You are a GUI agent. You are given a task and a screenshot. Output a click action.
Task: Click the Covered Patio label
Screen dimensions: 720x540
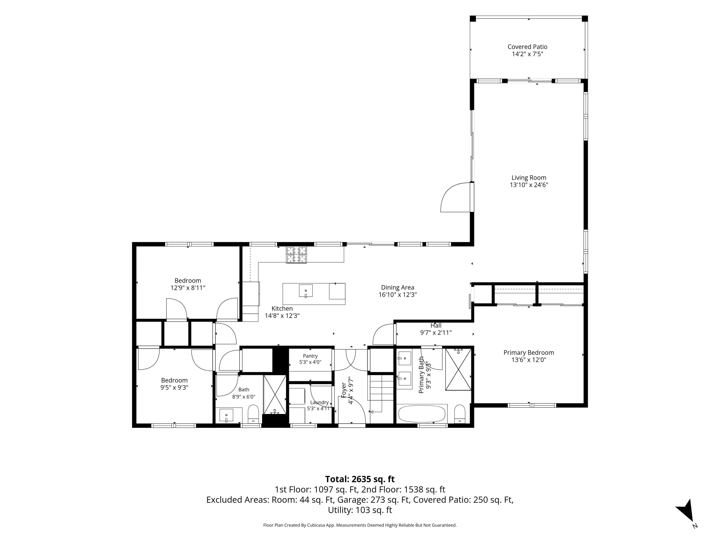[x=527, y=47]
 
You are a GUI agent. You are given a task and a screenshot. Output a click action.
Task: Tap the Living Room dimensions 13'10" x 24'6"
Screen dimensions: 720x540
[x=529, y=185]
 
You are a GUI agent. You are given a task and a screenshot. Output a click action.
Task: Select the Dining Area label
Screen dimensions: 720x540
[x=397, y=288]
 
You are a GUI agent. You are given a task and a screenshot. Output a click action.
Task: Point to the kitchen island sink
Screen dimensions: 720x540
[x=306, y=291]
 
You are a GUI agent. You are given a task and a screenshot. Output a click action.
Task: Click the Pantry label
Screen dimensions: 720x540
[x=310, y=356]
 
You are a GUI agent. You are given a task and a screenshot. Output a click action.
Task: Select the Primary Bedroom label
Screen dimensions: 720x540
[x=529, y=353]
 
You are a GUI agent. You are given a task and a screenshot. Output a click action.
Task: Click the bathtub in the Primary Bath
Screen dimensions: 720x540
[x=422, y=413]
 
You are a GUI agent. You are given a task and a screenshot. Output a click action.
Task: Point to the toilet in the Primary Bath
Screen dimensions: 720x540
[x=460, y=414]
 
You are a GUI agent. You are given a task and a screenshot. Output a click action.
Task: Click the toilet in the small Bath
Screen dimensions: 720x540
[x=253, y=414]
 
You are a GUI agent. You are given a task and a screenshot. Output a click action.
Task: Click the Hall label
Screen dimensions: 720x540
[x=436, y=325]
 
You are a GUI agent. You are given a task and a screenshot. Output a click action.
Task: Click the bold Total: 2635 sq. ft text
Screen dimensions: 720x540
[x=360, y=479]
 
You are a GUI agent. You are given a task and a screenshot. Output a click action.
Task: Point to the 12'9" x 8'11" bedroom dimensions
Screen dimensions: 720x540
[x=188, y=288]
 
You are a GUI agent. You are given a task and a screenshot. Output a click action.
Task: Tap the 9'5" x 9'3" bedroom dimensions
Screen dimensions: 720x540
[x=174, y=387]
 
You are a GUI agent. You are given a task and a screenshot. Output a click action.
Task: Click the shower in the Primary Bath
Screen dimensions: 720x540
[x=458, y=369]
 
